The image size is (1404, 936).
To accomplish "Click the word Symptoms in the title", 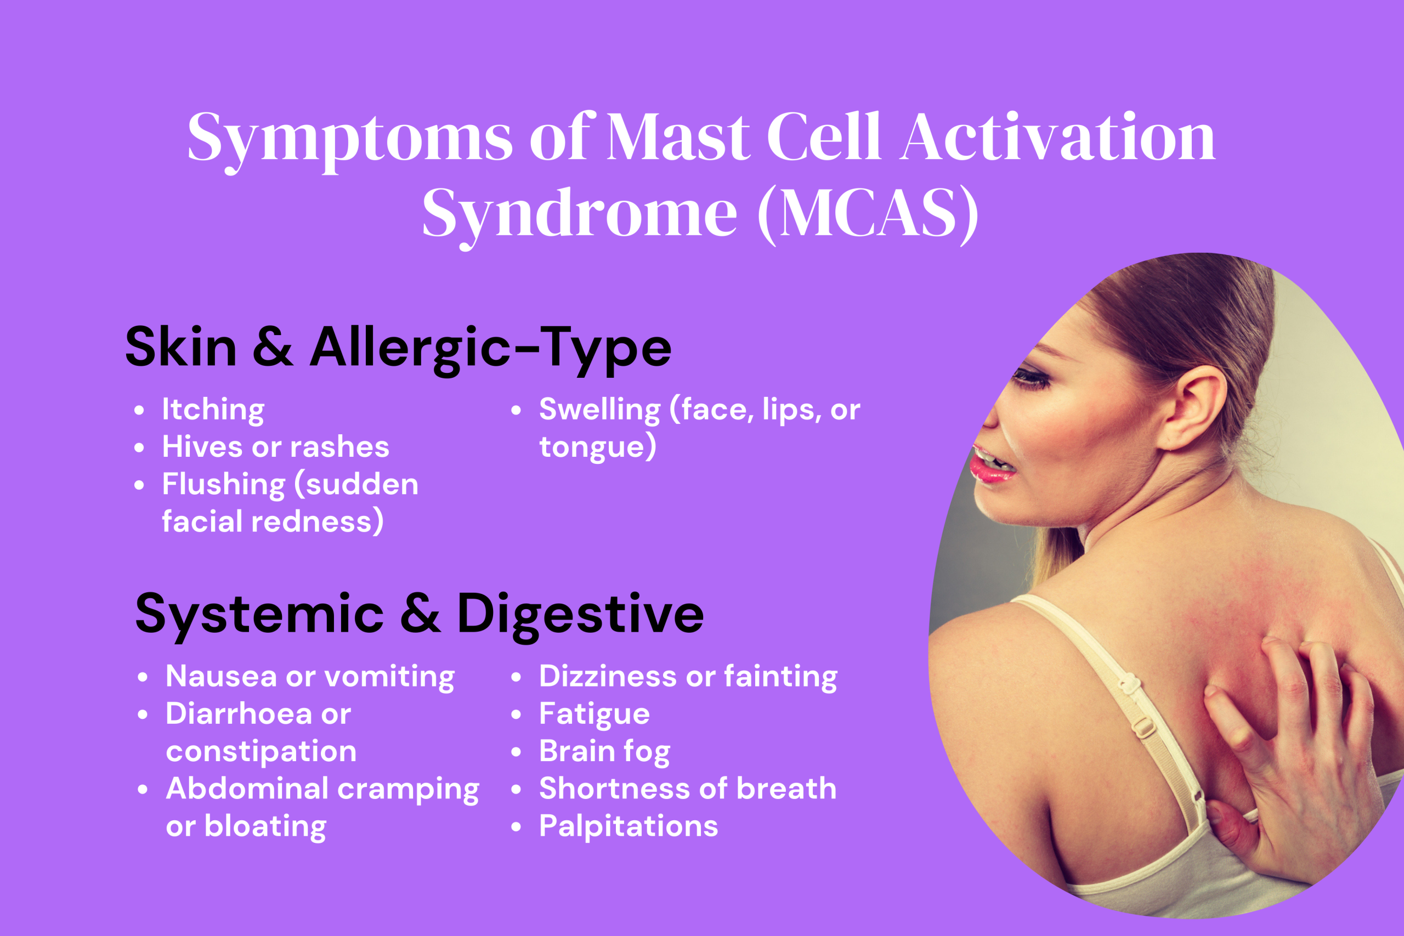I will pos(350,139).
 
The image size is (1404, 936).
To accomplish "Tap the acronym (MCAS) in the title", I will pos(867,214).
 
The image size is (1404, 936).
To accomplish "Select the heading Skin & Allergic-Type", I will pos(398,348).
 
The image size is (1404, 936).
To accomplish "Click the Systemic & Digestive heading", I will pos(419,614).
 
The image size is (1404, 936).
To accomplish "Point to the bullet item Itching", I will pos(213,410).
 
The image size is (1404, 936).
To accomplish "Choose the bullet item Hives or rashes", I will pos(275,447).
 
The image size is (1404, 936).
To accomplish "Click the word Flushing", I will pos(224,484).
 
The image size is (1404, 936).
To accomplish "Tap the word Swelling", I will pos(599,410).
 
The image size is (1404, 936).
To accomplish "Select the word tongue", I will pos(592,447).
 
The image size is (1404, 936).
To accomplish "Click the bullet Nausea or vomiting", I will pos(310,677).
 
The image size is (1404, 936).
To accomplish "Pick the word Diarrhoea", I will pos(239,714).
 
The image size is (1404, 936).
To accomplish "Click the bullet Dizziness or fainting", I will pos(688,677).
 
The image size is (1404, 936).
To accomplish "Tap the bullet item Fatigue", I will pos(594,714).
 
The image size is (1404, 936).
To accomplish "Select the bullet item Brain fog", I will pos(604,752).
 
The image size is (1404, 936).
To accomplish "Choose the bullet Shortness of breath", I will pos(688,788).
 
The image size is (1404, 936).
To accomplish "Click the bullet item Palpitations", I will pos(628,826).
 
